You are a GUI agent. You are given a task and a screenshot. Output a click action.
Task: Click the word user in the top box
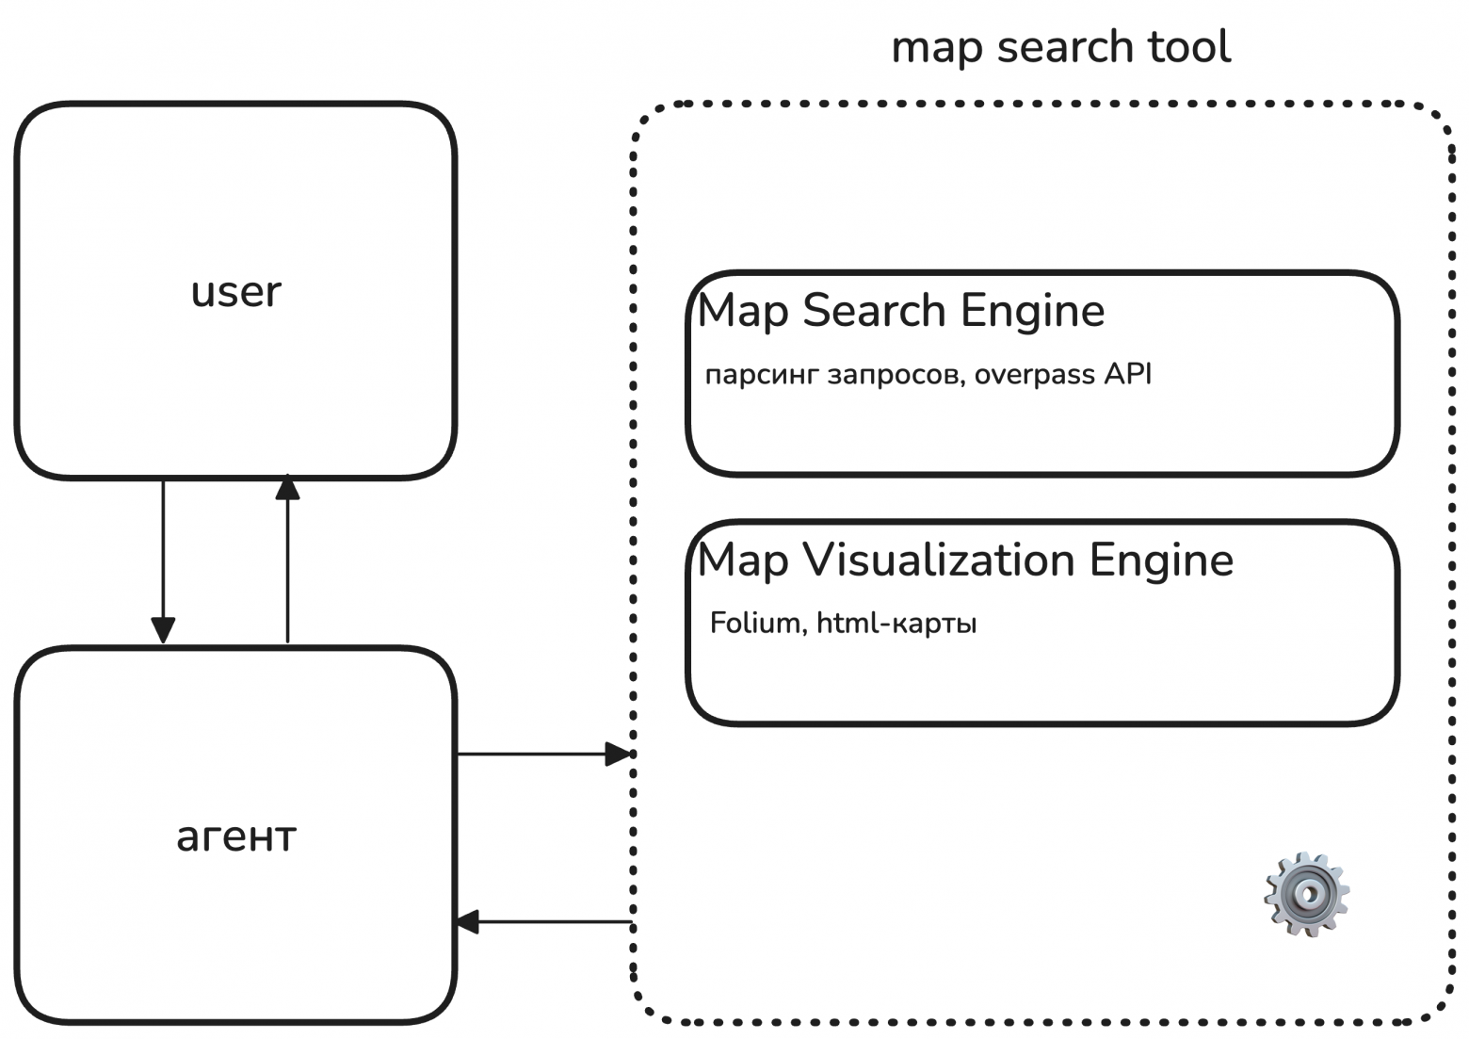click(x=235, y=292)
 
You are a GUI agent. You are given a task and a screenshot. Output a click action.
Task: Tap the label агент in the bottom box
click(x=236, y=836)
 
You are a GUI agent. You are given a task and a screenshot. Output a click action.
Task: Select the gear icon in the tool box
click(x=1306, y=893)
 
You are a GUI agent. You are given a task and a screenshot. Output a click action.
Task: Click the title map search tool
click(x=1060, y=47)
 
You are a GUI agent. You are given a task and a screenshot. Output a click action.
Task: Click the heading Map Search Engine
click(x=900, y=311)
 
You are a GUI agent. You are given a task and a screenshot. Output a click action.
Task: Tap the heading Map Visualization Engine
click(x=965, y=560)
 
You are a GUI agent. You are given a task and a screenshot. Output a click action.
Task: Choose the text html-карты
click(x=896, y=624)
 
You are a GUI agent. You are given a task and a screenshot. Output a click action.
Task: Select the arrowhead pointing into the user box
click(x=287, y=487)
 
